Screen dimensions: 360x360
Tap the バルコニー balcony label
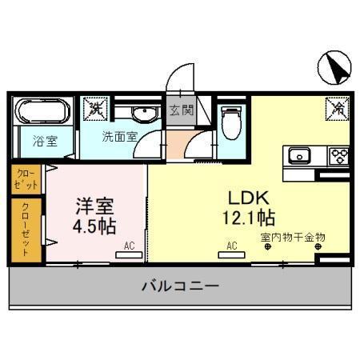180,286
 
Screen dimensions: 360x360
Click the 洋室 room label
94,205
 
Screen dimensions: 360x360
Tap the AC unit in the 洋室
125,254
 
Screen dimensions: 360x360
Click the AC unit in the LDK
232,254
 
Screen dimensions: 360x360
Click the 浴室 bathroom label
44,142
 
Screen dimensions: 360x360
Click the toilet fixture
231,122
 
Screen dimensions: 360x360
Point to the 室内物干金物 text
293,237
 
